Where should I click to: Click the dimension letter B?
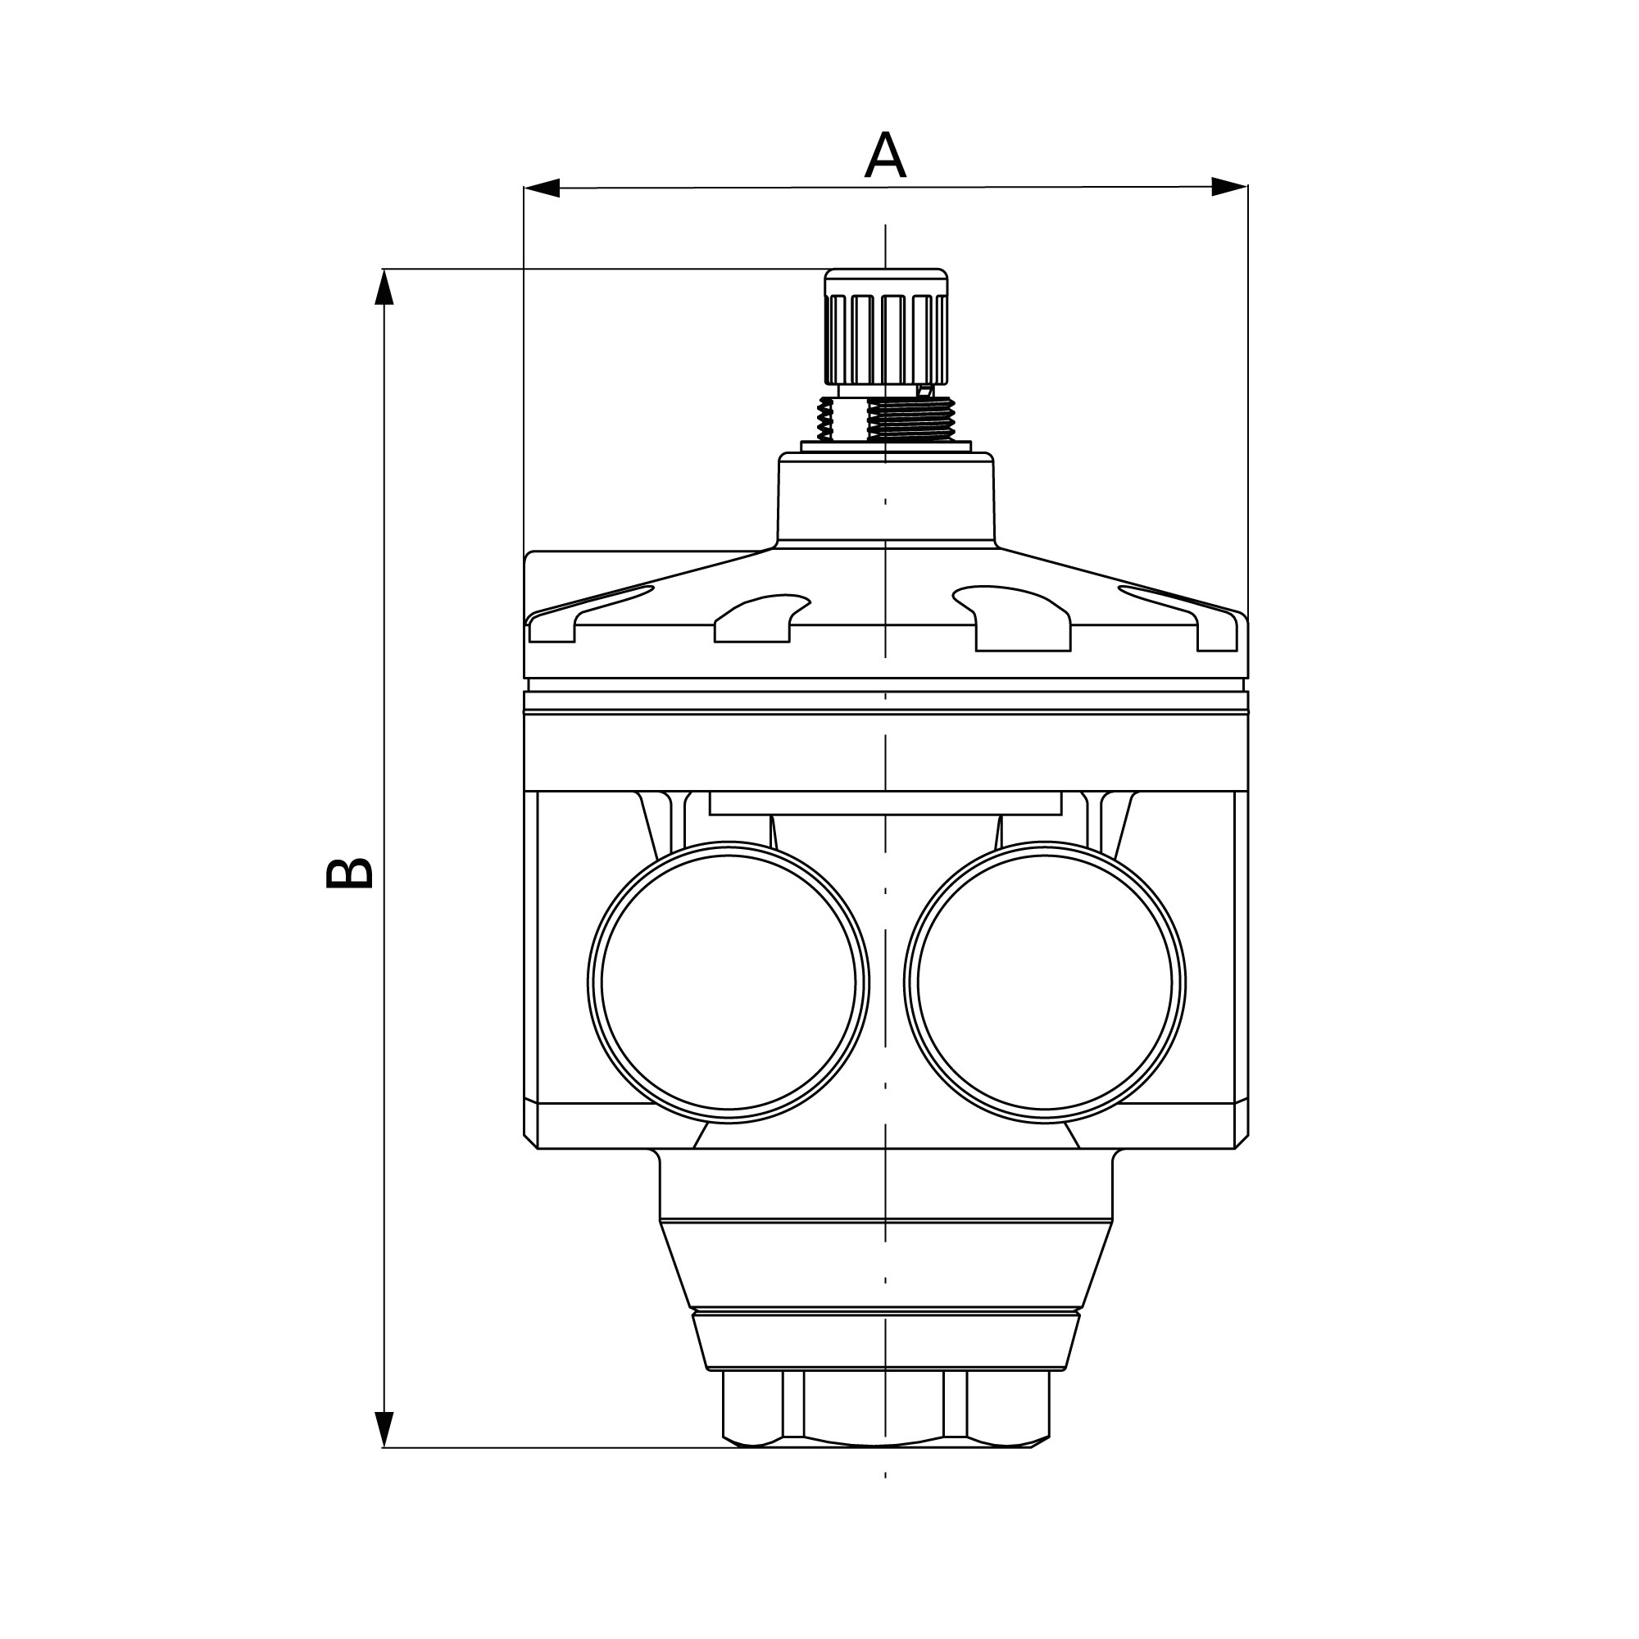(350, 873)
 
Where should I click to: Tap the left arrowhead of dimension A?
(541, 188)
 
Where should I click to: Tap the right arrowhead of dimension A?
(1229, 187)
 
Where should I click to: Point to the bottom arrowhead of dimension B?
(384, 1429)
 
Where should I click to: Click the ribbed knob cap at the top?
(887, 327)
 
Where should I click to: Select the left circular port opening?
(729, 983)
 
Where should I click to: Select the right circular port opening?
(1045, 983)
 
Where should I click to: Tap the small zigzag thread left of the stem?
(824, 419)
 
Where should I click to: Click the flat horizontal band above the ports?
(886, 752)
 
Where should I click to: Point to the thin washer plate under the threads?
(886, 447)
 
